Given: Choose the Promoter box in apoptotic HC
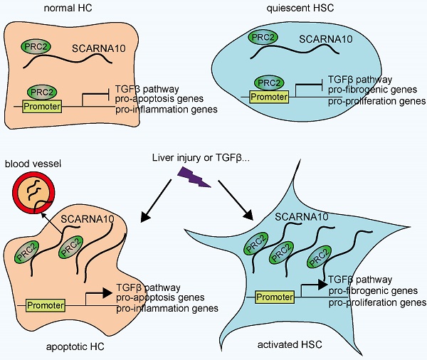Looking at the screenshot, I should (x=46, y=305).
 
